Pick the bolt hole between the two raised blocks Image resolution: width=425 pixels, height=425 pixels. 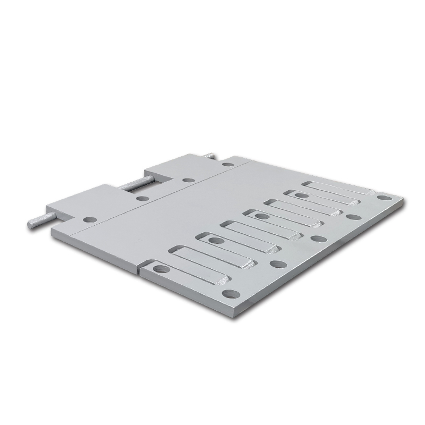pos(141,199)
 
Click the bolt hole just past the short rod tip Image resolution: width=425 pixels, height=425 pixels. pos(228,164)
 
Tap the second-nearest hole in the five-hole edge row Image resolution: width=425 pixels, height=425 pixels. pos(276,264)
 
